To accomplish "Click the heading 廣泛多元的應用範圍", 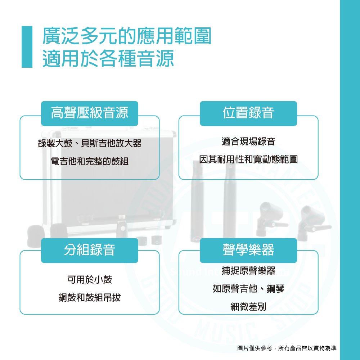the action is point(126,37).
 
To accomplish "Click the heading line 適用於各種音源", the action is point(108,59).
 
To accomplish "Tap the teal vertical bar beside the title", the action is point(27,47).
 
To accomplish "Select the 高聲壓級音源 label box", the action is point(90,113).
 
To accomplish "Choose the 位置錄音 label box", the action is point(248,113).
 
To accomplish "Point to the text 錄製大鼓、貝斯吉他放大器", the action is point(90,144).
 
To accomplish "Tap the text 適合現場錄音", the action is point(248,141).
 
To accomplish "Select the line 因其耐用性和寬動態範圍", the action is point(248,159).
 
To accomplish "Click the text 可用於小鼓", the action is point(90,279).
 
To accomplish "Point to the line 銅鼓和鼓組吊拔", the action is point(90,298).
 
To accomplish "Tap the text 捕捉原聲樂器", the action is point(248,270).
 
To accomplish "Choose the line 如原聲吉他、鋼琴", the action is point(248,288).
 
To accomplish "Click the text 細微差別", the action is point(248,307).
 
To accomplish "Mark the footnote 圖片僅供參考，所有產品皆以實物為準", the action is point(287,348).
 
